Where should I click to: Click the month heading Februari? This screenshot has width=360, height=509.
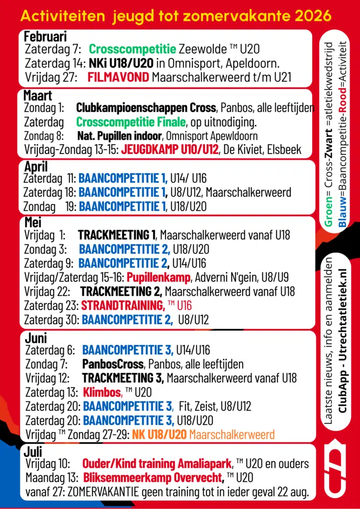pyautogui.click(x=45, y=37)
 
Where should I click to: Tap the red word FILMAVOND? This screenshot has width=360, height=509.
pyautogui.click(x=118, y=77)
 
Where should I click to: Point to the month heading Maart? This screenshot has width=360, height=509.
pyautogui.click(x=38, y=95)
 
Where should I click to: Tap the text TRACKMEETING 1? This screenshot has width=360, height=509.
pyautogui.click(x=116, y=234)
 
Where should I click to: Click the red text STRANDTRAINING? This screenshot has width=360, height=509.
pyautogui.click(x=123, y=305)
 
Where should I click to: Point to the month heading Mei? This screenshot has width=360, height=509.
pyautogui.click(x=33, y=222)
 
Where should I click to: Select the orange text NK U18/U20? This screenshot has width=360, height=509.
pyautogui.click(x=159, y=434)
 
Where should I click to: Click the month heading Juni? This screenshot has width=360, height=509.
pyautogui.click(x=36, y=339)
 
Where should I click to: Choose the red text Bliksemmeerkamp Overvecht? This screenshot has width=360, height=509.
pyautogui.click(x=153, y=478)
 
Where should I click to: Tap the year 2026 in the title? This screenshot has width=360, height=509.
pyautogui.click(x=312, y=16)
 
